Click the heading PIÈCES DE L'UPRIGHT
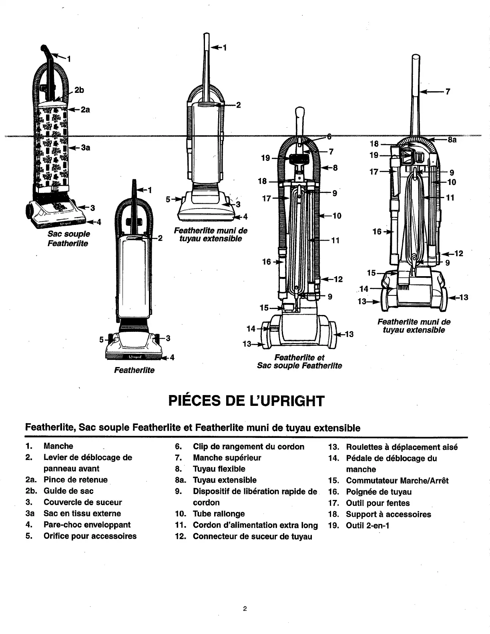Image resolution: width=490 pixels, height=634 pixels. click(x=245, y=401)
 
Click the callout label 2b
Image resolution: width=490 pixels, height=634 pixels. click(x=79, y=90)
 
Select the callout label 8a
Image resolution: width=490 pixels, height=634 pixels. click(x=452, y=140)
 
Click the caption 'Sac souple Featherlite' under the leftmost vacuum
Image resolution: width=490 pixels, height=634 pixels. click(x=68, y=239)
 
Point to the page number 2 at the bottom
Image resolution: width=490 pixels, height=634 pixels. click(x=245, y=609)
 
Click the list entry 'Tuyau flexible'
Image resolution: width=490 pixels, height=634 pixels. click(x=219, y=469)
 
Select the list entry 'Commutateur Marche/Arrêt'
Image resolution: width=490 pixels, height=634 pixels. click(x=397, y=481)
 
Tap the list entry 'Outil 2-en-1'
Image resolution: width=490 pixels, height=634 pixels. click(x=367, y=526)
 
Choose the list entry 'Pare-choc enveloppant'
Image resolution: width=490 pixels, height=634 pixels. click(x=87, y=525)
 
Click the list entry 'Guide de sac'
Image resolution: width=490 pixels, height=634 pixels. click(x=68, y=491)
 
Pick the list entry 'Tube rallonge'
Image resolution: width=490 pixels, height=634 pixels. click(x=219, y=514)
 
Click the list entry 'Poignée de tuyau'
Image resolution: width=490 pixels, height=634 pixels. click(x=379, y=492)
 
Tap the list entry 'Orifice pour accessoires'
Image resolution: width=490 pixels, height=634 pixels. click(x=90, y=536)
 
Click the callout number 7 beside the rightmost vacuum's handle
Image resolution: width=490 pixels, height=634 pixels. click(x=448, y=92)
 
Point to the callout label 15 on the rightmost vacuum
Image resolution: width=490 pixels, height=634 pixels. click(x=371, y=273)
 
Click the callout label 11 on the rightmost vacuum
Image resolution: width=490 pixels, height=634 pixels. click(x=450, y=197)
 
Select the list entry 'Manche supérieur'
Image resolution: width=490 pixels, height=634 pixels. click(x=227, y=457)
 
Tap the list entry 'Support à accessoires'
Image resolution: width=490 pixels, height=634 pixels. click(x=388, y=514)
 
